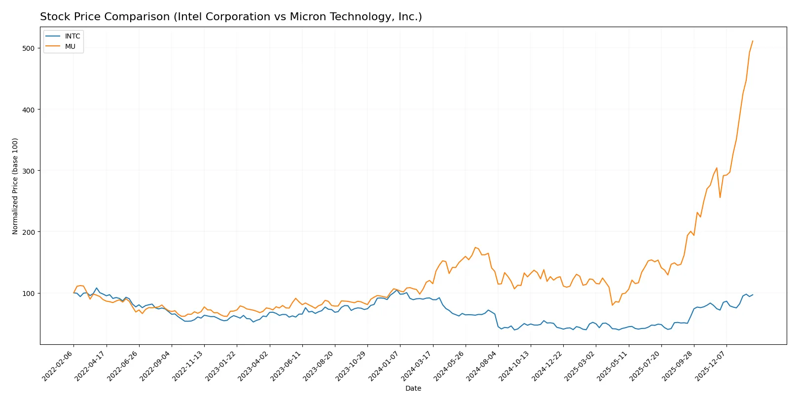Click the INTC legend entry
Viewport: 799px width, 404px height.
[72, 37]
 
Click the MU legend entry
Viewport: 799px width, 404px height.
[70, 46]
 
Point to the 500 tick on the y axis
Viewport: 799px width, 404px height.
[28, 48]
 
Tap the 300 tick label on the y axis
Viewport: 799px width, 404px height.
[28, 171]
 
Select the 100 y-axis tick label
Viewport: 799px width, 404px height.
[28, 294]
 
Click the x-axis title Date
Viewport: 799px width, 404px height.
[413, 389]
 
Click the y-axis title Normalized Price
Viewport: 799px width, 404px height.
[15, 186]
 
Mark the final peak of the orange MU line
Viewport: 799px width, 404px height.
[752, 41]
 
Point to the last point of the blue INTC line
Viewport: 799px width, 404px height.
[753, 294]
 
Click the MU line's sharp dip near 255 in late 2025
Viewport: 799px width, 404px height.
[720, 197]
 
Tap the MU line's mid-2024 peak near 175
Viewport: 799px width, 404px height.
[475, 248]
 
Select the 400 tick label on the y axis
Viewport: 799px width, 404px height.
[28, 110]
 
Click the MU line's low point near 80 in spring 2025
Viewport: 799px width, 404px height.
[613, 305]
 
